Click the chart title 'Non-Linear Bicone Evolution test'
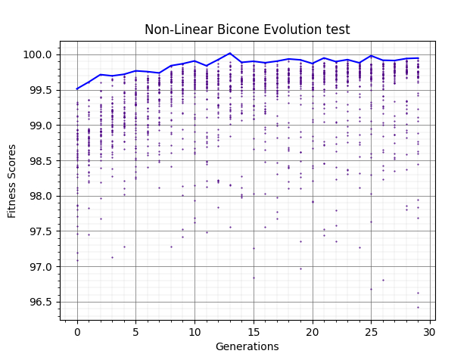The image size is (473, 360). pos(247,30)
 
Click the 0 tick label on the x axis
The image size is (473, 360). pos(77,331)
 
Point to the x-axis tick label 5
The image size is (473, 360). pos(136,331)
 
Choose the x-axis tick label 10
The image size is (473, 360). pos(194,331)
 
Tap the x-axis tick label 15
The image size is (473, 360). pos(254,331)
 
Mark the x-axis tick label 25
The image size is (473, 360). pos(371,331)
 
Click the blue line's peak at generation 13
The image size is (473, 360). pos(230,54)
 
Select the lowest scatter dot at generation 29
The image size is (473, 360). pos(418,307)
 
